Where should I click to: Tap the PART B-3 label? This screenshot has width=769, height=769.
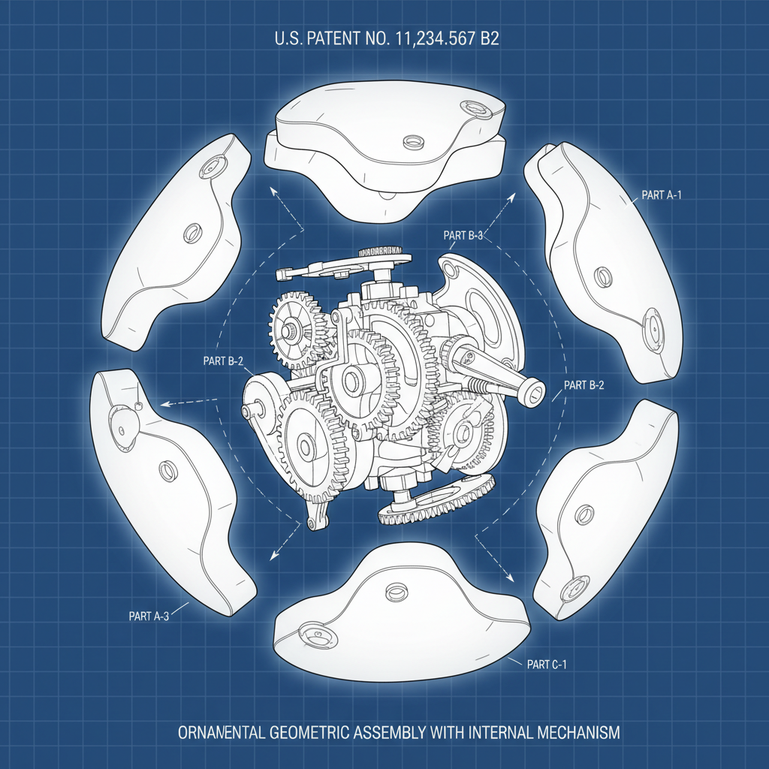click(463, 235)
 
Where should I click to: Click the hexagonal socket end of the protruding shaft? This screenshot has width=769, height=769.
click(534, 392)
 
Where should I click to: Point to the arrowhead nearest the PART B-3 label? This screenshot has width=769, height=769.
click(513, 194)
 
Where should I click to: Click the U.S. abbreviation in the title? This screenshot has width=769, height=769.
click(290, 40)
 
